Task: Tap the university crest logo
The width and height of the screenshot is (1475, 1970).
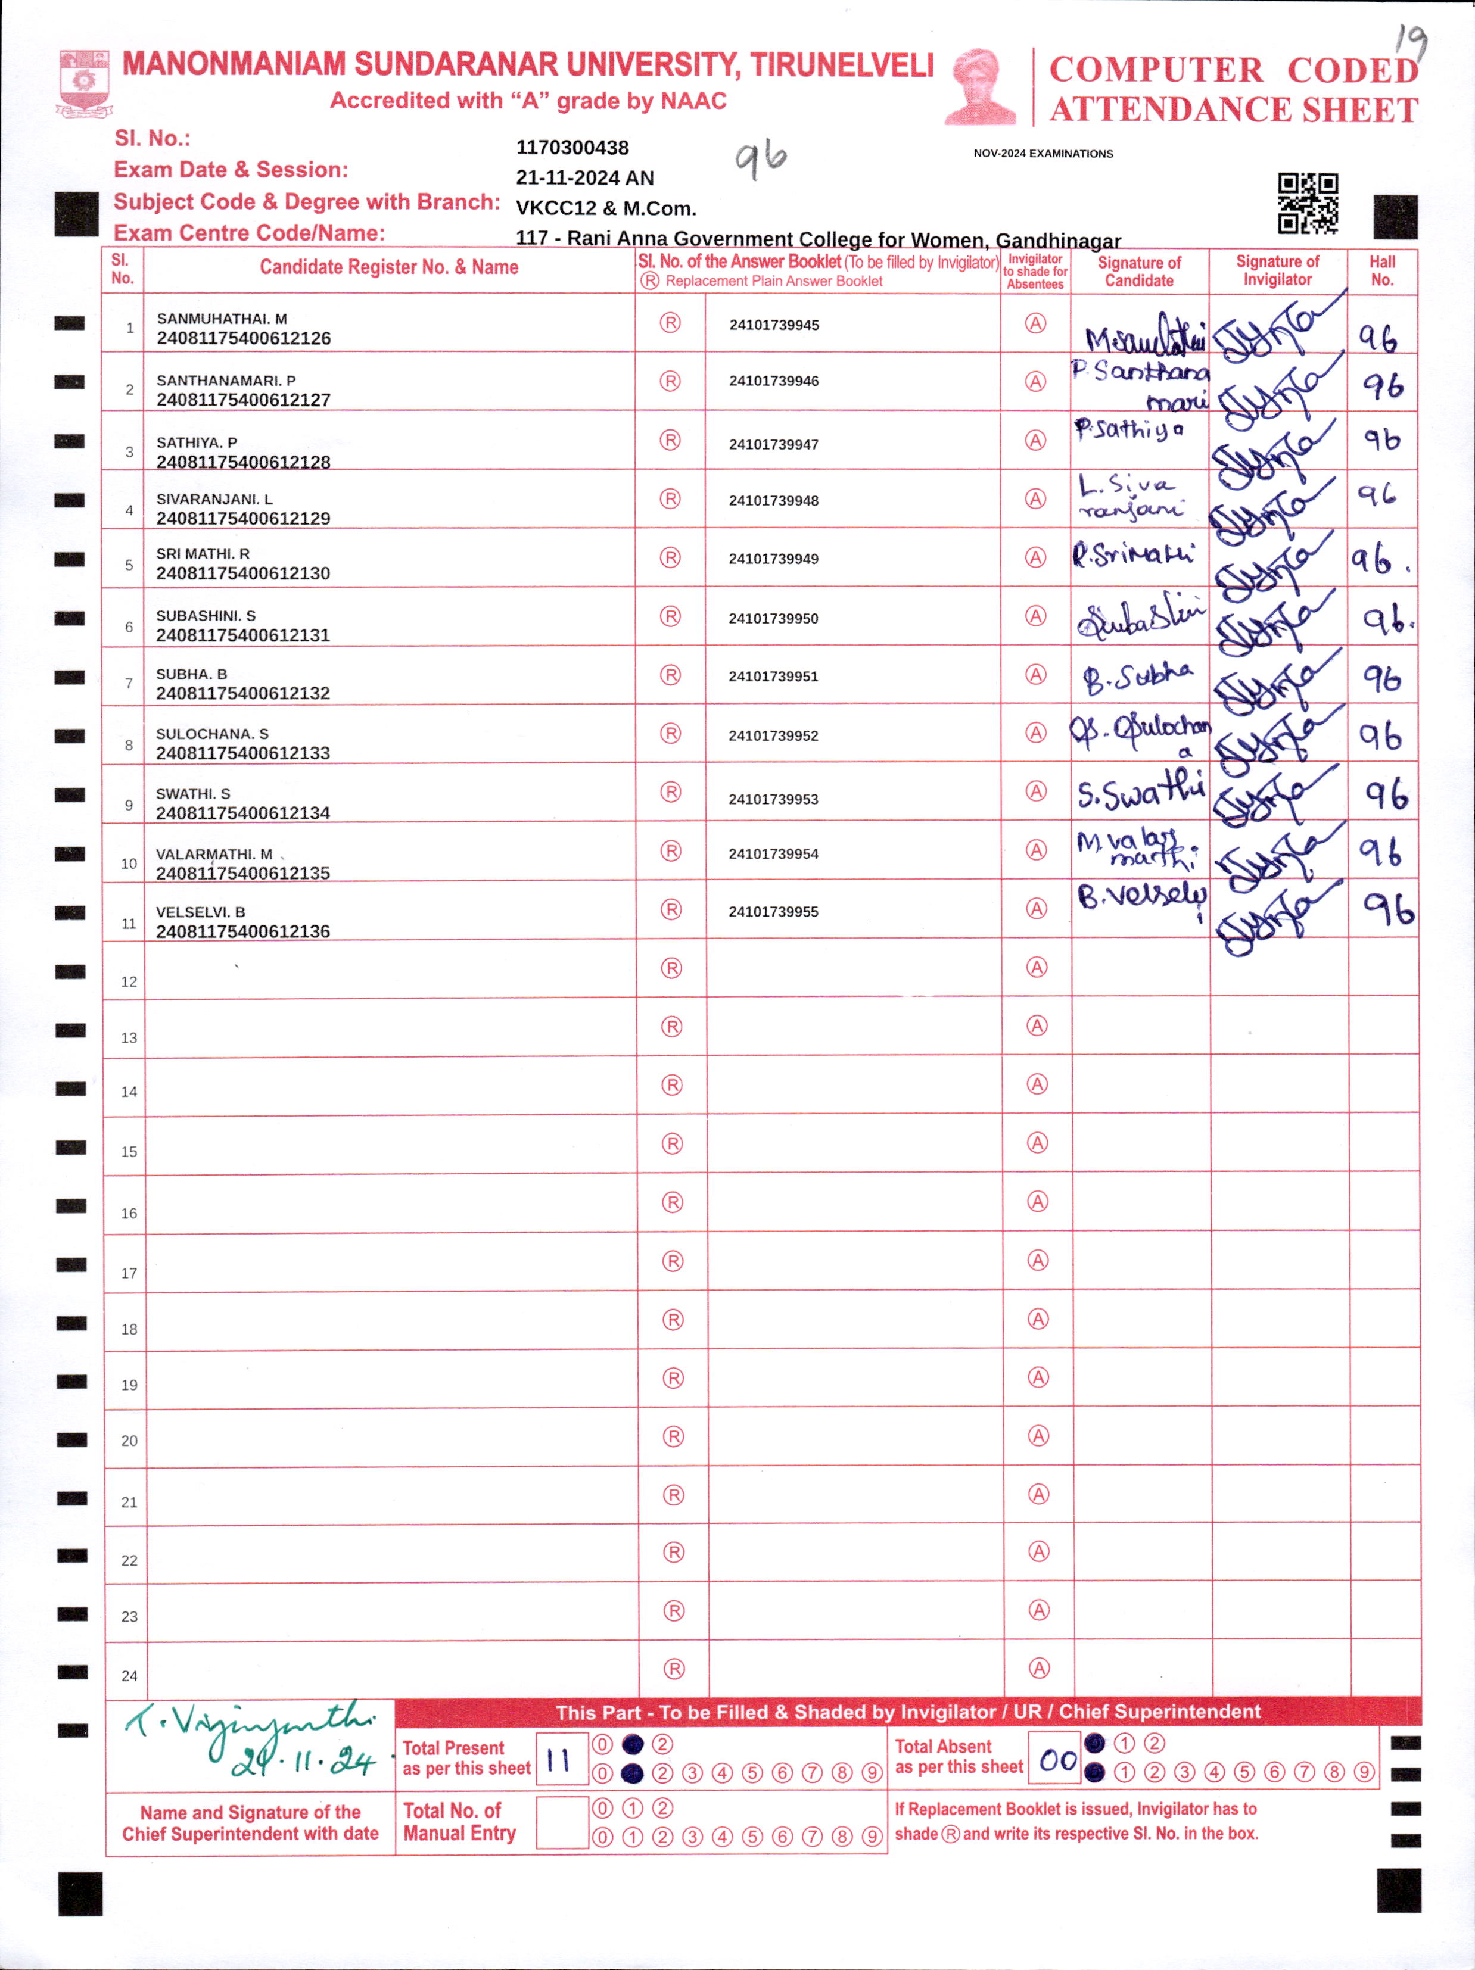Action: tap(84, 84)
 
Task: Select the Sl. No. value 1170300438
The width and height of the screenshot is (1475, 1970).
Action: tap(572, 148)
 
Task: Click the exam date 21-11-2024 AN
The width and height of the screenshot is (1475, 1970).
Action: tap(584, 178)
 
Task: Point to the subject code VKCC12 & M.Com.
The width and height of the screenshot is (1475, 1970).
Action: tap(606, 208)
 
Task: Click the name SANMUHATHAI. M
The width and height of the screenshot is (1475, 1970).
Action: tap(222, 319)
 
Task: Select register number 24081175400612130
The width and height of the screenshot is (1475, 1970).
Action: tap(243, 573)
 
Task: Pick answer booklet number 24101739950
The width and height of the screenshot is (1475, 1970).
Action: tap(773, 618)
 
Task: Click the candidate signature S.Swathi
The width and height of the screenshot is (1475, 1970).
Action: tap(1140, 791)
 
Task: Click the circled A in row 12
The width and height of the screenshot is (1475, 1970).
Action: tap(1037, 967)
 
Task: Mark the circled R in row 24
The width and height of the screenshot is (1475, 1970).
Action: tap(674, 1669)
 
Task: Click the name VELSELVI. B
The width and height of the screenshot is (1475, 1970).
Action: tap(200, 912)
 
